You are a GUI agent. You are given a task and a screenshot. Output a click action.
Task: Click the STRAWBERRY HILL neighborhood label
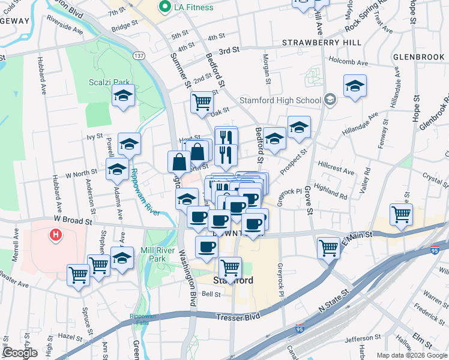pos(322,43)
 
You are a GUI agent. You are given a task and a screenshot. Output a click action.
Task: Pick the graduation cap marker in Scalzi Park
pos(124,96)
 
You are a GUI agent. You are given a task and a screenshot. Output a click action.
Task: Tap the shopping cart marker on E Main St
pos(329,247)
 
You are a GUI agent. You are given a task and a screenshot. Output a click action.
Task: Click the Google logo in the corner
pos(19,353)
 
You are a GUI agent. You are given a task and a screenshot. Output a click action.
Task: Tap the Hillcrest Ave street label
pos(336,167)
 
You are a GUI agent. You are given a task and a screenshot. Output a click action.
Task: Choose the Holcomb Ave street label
pos(351,61)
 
